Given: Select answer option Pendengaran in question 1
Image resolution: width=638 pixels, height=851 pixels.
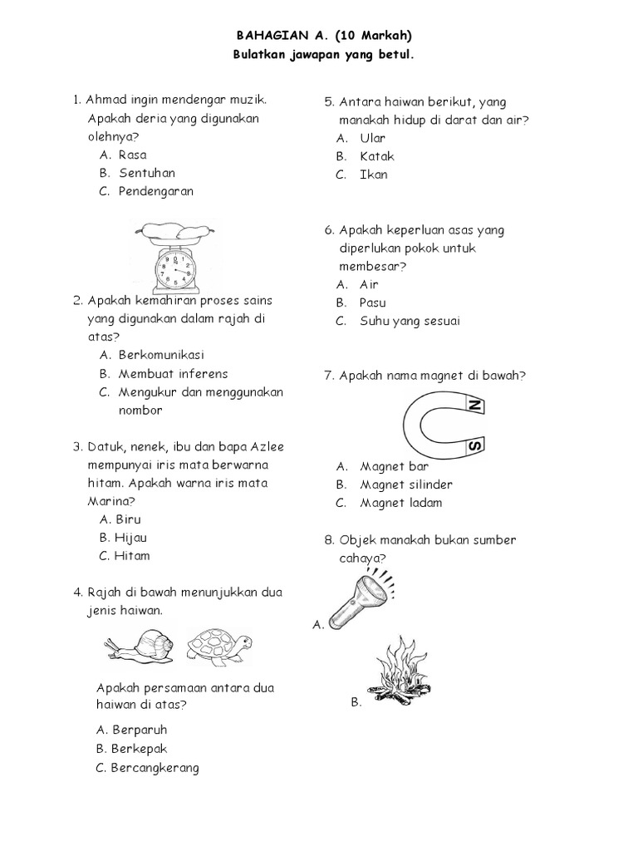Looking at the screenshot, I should click(155, 191).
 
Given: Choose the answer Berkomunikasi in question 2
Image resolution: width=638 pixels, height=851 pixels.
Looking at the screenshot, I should click(161, 355).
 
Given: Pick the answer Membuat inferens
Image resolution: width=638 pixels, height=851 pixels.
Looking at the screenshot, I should click(173, 373).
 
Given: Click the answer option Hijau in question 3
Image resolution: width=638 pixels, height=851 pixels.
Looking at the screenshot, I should click(131, 538).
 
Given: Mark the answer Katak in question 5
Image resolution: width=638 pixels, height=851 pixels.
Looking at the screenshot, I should click(377, 156).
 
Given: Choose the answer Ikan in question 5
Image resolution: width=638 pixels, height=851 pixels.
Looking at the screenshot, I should click(374, 175).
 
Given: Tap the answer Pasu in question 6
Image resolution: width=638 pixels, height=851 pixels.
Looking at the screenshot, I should click(373, 303).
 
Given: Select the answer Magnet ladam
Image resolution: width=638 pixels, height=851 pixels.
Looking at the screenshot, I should click(400, 503).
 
